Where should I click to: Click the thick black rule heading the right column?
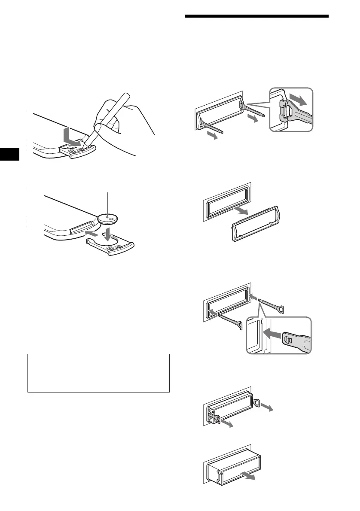(256, 17)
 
